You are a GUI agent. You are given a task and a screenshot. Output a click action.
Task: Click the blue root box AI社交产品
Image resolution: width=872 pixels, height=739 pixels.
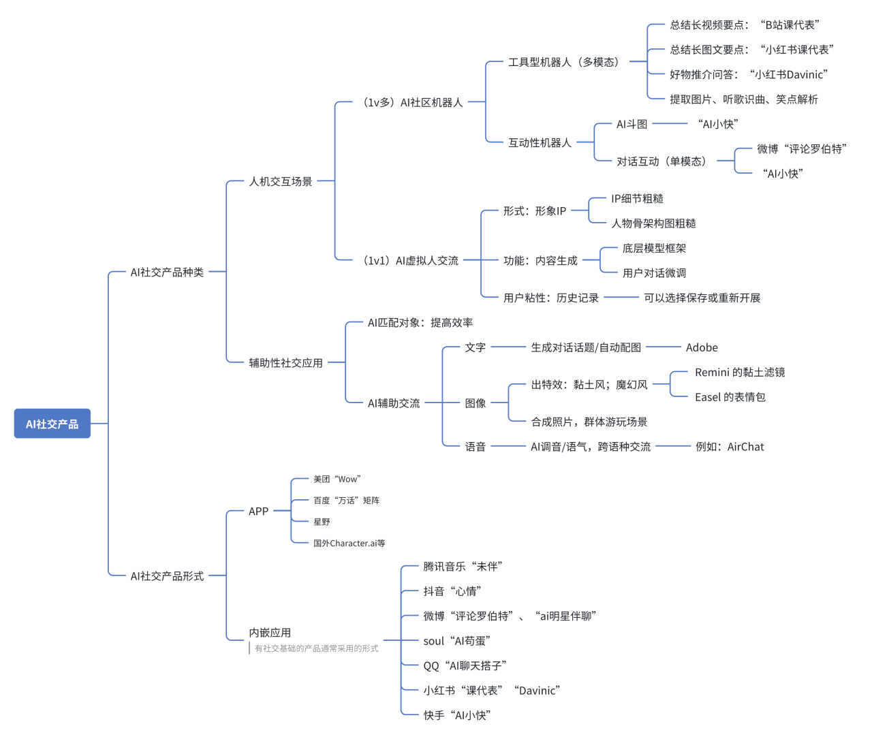[52, 424]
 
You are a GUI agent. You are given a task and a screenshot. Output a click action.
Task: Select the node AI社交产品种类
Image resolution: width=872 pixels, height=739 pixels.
[167, 272]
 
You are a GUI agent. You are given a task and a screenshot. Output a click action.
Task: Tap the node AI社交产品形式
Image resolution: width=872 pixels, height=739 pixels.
[167, 576]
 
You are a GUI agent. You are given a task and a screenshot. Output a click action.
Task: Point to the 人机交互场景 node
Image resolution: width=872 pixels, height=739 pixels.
[281, 182]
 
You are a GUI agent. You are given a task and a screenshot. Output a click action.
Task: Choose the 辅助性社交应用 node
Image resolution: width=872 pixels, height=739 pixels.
[285, 363]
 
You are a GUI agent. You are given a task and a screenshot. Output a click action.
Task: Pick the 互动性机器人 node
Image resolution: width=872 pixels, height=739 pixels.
[540, 143]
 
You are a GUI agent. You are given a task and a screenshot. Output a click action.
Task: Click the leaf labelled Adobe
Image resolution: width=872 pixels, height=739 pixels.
[702, 347]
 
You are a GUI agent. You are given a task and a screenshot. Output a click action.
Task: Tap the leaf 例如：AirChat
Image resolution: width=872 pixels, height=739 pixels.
[730, 447]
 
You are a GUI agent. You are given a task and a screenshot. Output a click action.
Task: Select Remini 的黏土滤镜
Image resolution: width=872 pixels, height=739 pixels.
[740, 373]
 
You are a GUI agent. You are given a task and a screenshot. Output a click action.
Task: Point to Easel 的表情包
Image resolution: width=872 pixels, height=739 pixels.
[730, 397]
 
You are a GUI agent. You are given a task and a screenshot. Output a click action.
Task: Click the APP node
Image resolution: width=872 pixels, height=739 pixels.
[258, 512]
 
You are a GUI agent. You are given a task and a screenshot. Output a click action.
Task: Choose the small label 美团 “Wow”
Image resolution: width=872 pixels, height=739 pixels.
[337, 479]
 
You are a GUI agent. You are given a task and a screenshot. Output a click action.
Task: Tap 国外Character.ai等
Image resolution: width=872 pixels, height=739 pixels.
[349, 544]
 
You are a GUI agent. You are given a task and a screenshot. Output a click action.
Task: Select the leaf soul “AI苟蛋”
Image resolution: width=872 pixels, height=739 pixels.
[456, 641]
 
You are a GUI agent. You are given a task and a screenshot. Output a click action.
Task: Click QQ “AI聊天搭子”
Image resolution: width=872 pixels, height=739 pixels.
[465, 666]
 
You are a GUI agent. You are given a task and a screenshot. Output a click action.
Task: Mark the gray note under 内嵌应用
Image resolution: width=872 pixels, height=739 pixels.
[316, 649]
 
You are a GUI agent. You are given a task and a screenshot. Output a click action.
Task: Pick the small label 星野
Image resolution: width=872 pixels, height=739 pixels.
[322, 522]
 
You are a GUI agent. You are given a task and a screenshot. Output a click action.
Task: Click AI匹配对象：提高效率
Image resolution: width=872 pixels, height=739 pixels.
[420, 323]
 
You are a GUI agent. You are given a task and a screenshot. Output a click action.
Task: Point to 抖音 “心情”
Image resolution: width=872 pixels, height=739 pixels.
[452, 591]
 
